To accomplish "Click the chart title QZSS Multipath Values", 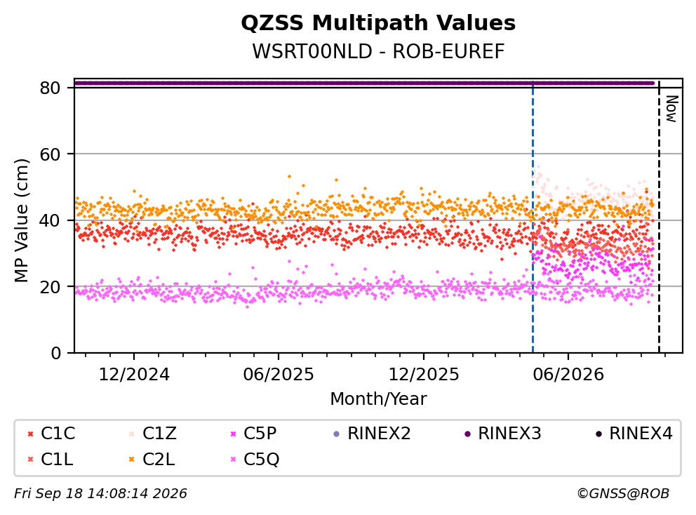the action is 378,23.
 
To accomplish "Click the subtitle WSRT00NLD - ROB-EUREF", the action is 378,51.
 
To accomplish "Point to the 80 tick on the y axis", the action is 50,88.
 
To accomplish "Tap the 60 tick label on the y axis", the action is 50,154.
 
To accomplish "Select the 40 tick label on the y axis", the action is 50,220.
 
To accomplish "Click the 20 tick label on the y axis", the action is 50,286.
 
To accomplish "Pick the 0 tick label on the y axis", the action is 56,353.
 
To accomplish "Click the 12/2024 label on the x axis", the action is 133,375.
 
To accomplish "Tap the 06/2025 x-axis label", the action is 279,375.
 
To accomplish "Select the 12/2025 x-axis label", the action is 424,375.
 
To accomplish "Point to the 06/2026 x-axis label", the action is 568,375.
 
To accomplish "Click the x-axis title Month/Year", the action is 378,399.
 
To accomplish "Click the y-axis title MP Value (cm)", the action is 21,220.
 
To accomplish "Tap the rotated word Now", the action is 672,109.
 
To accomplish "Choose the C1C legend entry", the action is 51,434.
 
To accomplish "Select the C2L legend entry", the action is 152,459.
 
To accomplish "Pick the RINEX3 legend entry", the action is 503,434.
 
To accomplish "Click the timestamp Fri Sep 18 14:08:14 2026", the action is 100,493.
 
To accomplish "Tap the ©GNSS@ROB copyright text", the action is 623,493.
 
